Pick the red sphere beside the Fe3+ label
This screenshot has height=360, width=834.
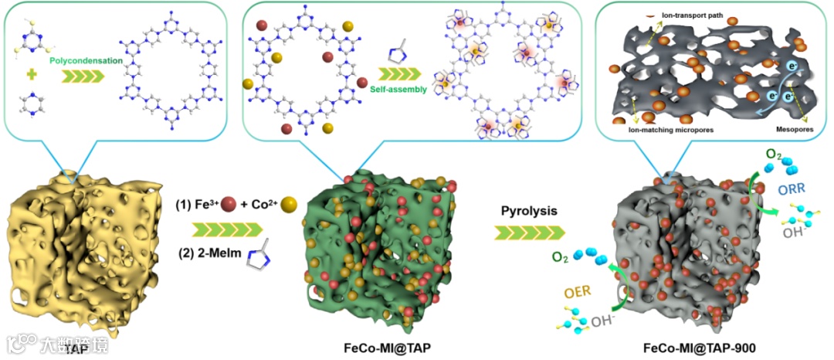[228, 205]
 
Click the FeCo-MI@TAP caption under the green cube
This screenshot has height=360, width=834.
[387, 348]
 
